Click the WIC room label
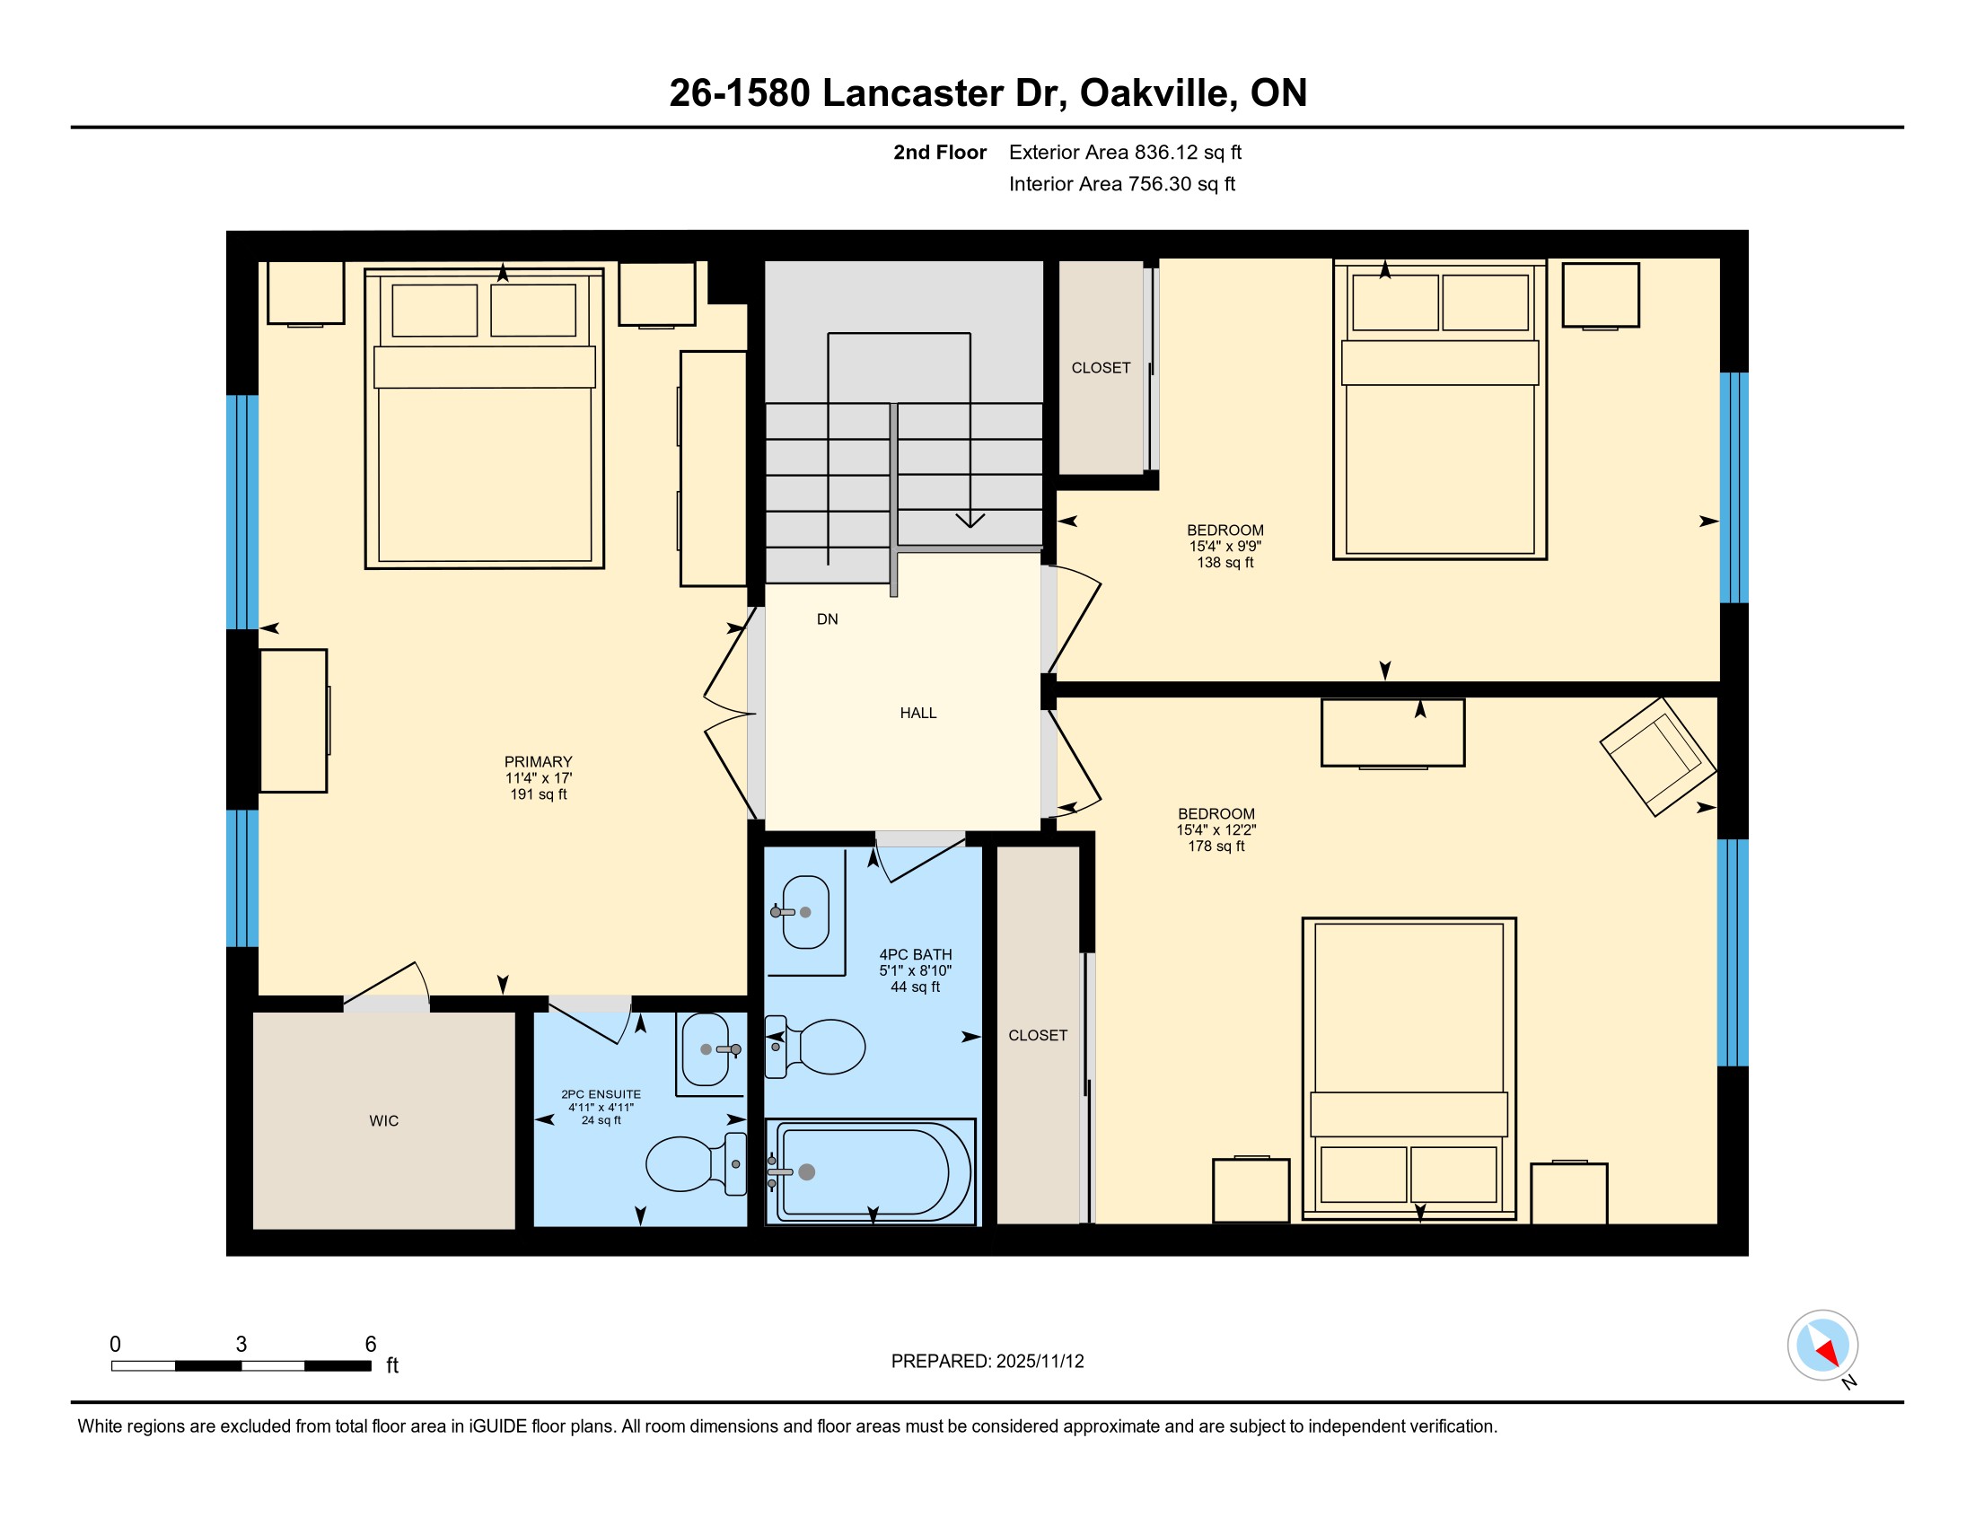[x=383, y=1121]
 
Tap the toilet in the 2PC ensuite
[x=697, y=1163]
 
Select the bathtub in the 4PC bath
[x=871, y=1171]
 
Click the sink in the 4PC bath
[x=804, y=912]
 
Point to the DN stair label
[x=828, y=619]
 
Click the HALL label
[x=917, y=714]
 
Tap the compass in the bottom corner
[x=1823, y=1346]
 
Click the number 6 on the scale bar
[x=371, y=1345]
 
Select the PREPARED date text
[x=987, y=1362]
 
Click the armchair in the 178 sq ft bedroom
[x=1657, y=757]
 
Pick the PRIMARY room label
[x=538, y=762]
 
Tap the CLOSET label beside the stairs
[x=1101, y=368]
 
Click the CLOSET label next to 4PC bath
[x=1038, y=1036]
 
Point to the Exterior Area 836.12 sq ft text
[x=1125, y=153]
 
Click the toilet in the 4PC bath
[x=816, y=1047]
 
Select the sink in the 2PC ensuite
[x=709, y=1049]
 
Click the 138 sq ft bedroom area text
[x=1225, y=562]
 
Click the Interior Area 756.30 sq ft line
[x=1122, y=184]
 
